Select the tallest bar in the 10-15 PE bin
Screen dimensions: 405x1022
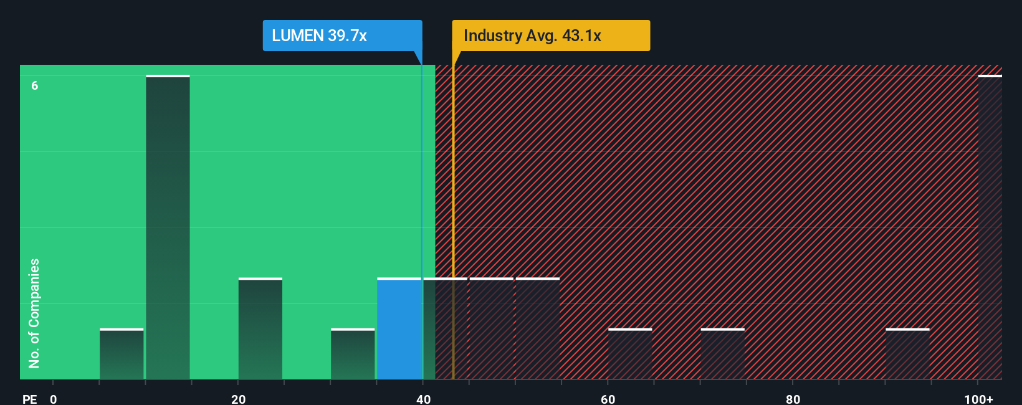click(x=168, y=227)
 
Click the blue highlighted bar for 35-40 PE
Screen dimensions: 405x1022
click(x=399, y=328)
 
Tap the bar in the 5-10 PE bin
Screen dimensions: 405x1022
click(x=122, y=354)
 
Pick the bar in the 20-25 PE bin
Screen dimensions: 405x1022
click(x=260, y=328)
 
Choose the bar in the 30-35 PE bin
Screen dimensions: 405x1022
click(x=353, y=354)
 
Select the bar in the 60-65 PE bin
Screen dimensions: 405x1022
click(x=630, y=354)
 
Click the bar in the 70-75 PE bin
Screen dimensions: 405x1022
click(x=722, y=354)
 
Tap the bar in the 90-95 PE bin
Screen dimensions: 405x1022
click(x=907, y=354)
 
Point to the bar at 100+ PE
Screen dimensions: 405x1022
click(x=990, y=227)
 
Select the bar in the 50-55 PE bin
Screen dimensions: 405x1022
click(x=538, y=328)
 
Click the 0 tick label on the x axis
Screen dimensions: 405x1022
click(x=54, y=399)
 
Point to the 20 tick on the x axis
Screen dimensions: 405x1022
click(x=238, y=399)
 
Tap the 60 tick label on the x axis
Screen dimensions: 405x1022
click(x=608, y=399)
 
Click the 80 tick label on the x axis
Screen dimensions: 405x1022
click(x=793, y=399)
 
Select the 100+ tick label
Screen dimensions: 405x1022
click(x=978, y=399)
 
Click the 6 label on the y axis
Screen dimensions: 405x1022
click(x=35, y=86)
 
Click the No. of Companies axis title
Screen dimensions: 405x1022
click(x=34, y=313)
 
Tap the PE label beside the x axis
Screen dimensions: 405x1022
click(x=29, y=399)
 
